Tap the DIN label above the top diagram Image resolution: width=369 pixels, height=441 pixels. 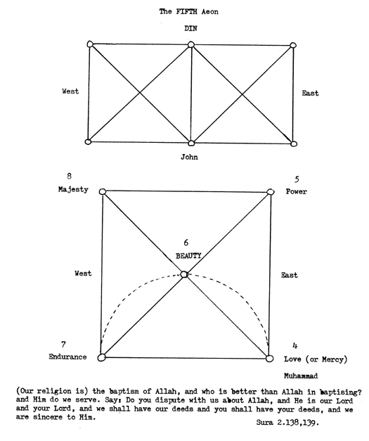(190, 28)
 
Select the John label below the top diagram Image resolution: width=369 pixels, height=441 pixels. (189, 157)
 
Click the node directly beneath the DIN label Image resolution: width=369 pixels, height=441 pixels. (191, 44)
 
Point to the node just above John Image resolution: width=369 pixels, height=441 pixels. (191, 143)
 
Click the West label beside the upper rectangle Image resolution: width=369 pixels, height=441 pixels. (70, 91)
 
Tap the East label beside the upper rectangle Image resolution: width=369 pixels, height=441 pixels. (310, 93)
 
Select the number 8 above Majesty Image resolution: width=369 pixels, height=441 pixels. (69, 176)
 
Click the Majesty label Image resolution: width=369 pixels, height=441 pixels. (73, 189)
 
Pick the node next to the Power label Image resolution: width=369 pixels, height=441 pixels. (271, 192)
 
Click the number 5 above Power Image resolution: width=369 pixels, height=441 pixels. (297, 179)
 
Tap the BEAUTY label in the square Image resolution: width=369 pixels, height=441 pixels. (188, 255)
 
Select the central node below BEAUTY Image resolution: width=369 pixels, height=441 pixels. (184, 274)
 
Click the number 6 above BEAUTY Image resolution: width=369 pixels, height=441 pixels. (186, 243)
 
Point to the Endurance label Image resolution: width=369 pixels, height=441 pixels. (67, 357)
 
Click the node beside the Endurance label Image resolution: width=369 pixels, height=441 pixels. (101, 357)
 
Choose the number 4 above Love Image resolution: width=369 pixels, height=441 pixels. (294, 345)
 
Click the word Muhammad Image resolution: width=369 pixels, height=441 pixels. (301, 376)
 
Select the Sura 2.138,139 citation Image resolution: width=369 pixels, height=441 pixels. (287, 423)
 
